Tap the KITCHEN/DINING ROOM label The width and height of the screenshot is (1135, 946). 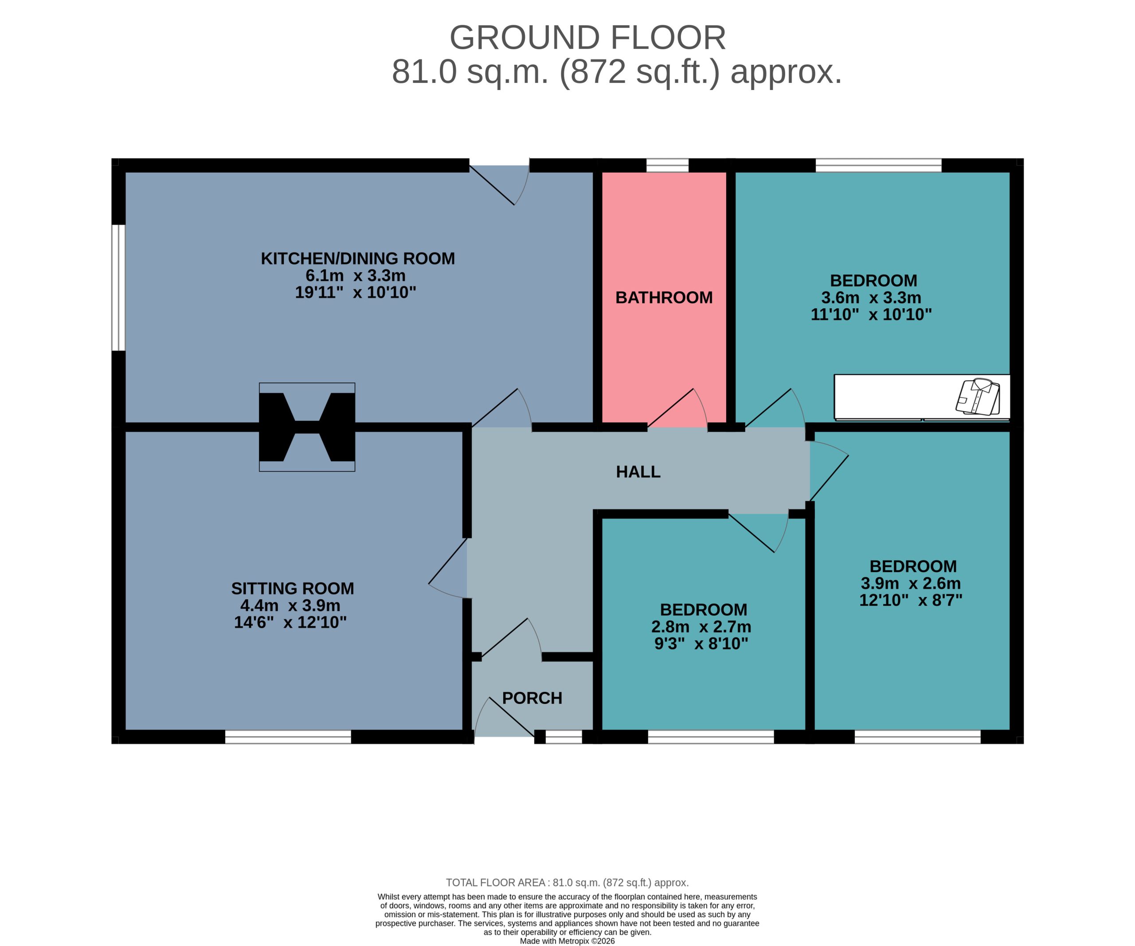[358, 259]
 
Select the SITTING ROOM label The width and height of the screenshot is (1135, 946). [293, 588]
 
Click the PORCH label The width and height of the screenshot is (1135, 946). [532, 698]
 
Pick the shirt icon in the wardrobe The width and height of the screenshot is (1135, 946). [978, 396]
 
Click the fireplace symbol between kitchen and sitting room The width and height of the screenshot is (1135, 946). [307, 427]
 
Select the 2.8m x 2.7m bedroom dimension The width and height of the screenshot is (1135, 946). [701, 627]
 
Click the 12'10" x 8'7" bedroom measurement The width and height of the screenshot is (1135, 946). [911, 600]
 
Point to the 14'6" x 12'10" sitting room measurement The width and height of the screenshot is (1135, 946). [290, 622]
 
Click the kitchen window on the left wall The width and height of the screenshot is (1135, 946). [118, 287]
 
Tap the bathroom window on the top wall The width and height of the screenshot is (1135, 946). [668, 165]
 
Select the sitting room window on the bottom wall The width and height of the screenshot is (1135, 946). [288, 737]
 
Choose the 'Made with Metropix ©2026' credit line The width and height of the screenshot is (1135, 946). [567, 941]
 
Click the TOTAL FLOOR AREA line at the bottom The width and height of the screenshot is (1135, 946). [567, 883]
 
